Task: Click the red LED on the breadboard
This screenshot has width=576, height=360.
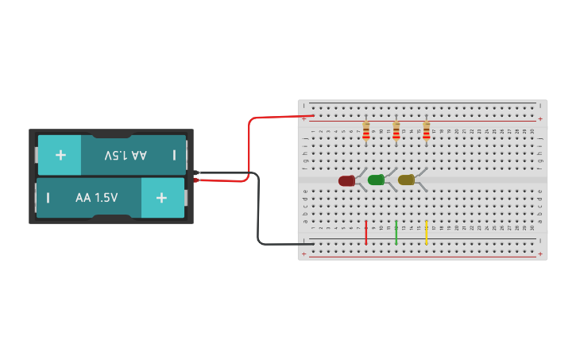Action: click(346, 181)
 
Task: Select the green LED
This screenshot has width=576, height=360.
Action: click(376, 180)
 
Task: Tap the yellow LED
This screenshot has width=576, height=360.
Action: click(406, 180)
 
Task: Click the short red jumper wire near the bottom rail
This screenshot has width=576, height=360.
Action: click(366, 232)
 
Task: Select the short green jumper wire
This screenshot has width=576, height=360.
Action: click(396, 232)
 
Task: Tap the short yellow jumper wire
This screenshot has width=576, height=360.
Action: click(427, 232)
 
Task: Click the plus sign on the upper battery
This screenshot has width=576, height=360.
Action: click(60, 155)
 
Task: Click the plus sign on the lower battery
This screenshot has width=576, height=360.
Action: click(162, 198)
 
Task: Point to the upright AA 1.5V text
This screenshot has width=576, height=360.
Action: click(96, 198)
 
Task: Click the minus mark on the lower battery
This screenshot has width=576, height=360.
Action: click(48, 198)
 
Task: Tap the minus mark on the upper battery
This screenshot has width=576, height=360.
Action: click(174, 155)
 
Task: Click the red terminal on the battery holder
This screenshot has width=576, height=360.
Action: click(196, 180)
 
